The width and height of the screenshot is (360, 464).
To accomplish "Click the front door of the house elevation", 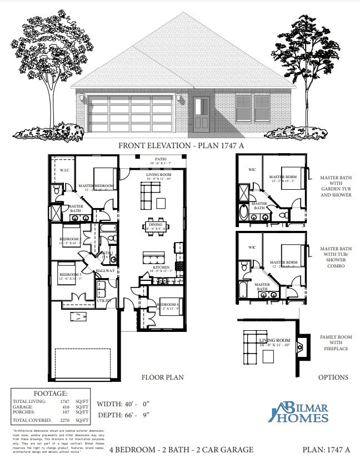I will (x=202, y=115).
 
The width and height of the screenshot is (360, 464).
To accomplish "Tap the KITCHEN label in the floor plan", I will (x=161, y=267).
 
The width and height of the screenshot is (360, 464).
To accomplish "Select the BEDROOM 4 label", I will (x=167, y=305).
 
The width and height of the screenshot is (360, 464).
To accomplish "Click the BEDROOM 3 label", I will (x=71, y=275).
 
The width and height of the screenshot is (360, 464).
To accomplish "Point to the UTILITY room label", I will (x=104, y=300).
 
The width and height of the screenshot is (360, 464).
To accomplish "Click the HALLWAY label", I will (x=105, y=271).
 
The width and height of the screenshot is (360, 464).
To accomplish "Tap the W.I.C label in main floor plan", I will (x=64, y=170).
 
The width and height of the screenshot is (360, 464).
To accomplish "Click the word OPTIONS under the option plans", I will (x=333, y=377).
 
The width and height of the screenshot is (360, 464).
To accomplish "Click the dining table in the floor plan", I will (x=153, y=226).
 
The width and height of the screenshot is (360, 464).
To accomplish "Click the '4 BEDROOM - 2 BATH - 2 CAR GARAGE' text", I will (x=178, y=450).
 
